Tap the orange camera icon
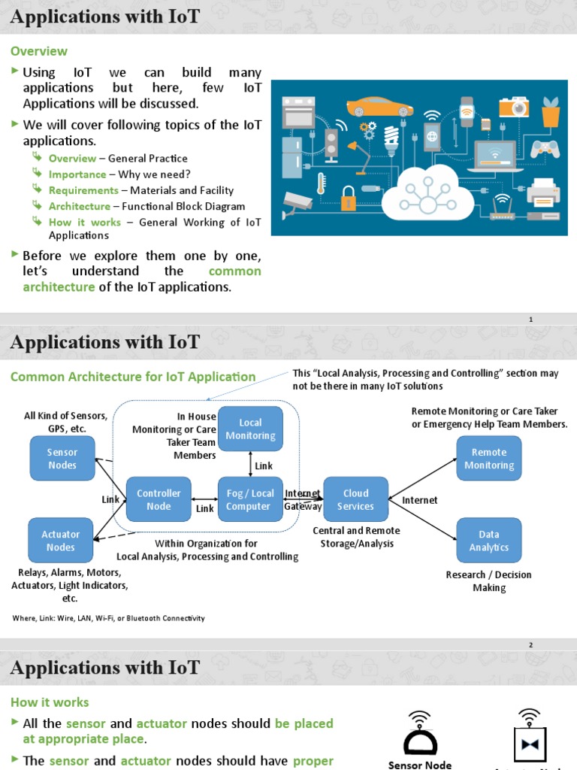(x=515, y=108)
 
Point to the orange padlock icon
(x=348, y=199)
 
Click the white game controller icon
(x=545, y=147)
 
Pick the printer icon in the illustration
(x=544, y=193)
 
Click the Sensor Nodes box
(x=62, y=459)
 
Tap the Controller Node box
(x=159, y=499)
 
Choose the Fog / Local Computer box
(x=250, y=499)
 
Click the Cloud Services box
(x=355, y=499)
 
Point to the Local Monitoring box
(x=250, y=429)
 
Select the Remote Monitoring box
(x=489, y=459)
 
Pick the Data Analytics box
(x=489, y=541)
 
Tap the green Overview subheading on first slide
(x=38, y=51)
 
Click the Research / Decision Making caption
(x=489, y=581)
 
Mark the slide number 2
(x=530, y=645)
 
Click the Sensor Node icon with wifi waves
(x=419, y=732)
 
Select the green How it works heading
(x=50, y=702)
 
